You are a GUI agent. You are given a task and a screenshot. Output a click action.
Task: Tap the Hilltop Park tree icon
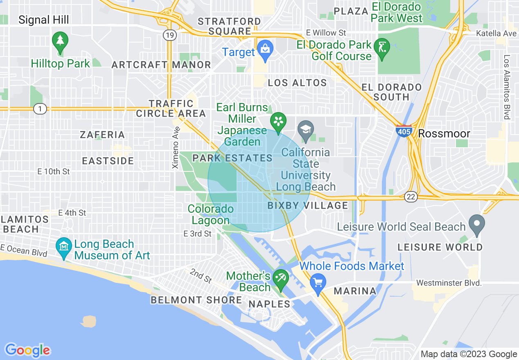[x=60, y=41]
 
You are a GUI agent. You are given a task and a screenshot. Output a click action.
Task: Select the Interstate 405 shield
[x=404, y=131]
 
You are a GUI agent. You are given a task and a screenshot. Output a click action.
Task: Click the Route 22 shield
[x=411, y=197]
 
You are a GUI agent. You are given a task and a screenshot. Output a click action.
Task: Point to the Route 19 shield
[x=169, y=35]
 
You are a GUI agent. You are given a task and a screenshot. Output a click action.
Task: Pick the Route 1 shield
[x=40, y=109]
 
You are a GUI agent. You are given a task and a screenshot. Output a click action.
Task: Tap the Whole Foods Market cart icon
[x=318, y=282]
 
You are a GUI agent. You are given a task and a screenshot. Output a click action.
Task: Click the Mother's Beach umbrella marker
[x=281, y=279]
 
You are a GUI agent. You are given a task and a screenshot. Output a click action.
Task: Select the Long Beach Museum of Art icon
[x=64, y=246]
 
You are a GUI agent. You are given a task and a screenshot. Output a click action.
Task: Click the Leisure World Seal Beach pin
[x=477, y=224]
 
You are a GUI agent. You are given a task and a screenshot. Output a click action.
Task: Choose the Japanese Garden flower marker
[x=278, y=122]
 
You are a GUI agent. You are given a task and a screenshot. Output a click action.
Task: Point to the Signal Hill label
[x=44, y=20]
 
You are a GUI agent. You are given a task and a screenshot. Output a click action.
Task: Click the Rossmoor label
[x=444, y=133]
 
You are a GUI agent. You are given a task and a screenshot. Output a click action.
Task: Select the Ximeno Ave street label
[x=176, y=147]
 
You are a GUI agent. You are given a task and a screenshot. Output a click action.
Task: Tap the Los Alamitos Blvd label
[x=507, y=87]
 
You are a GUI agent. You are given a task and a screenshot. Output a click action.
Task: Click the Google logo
[x=27, y=350]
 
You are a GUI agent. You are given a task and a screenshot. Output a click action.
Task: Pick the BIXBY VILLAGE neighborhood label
[x=308, y=205]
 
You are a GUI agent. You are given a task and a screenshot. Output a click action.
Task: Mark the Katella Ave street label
[x=496, y=33]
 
